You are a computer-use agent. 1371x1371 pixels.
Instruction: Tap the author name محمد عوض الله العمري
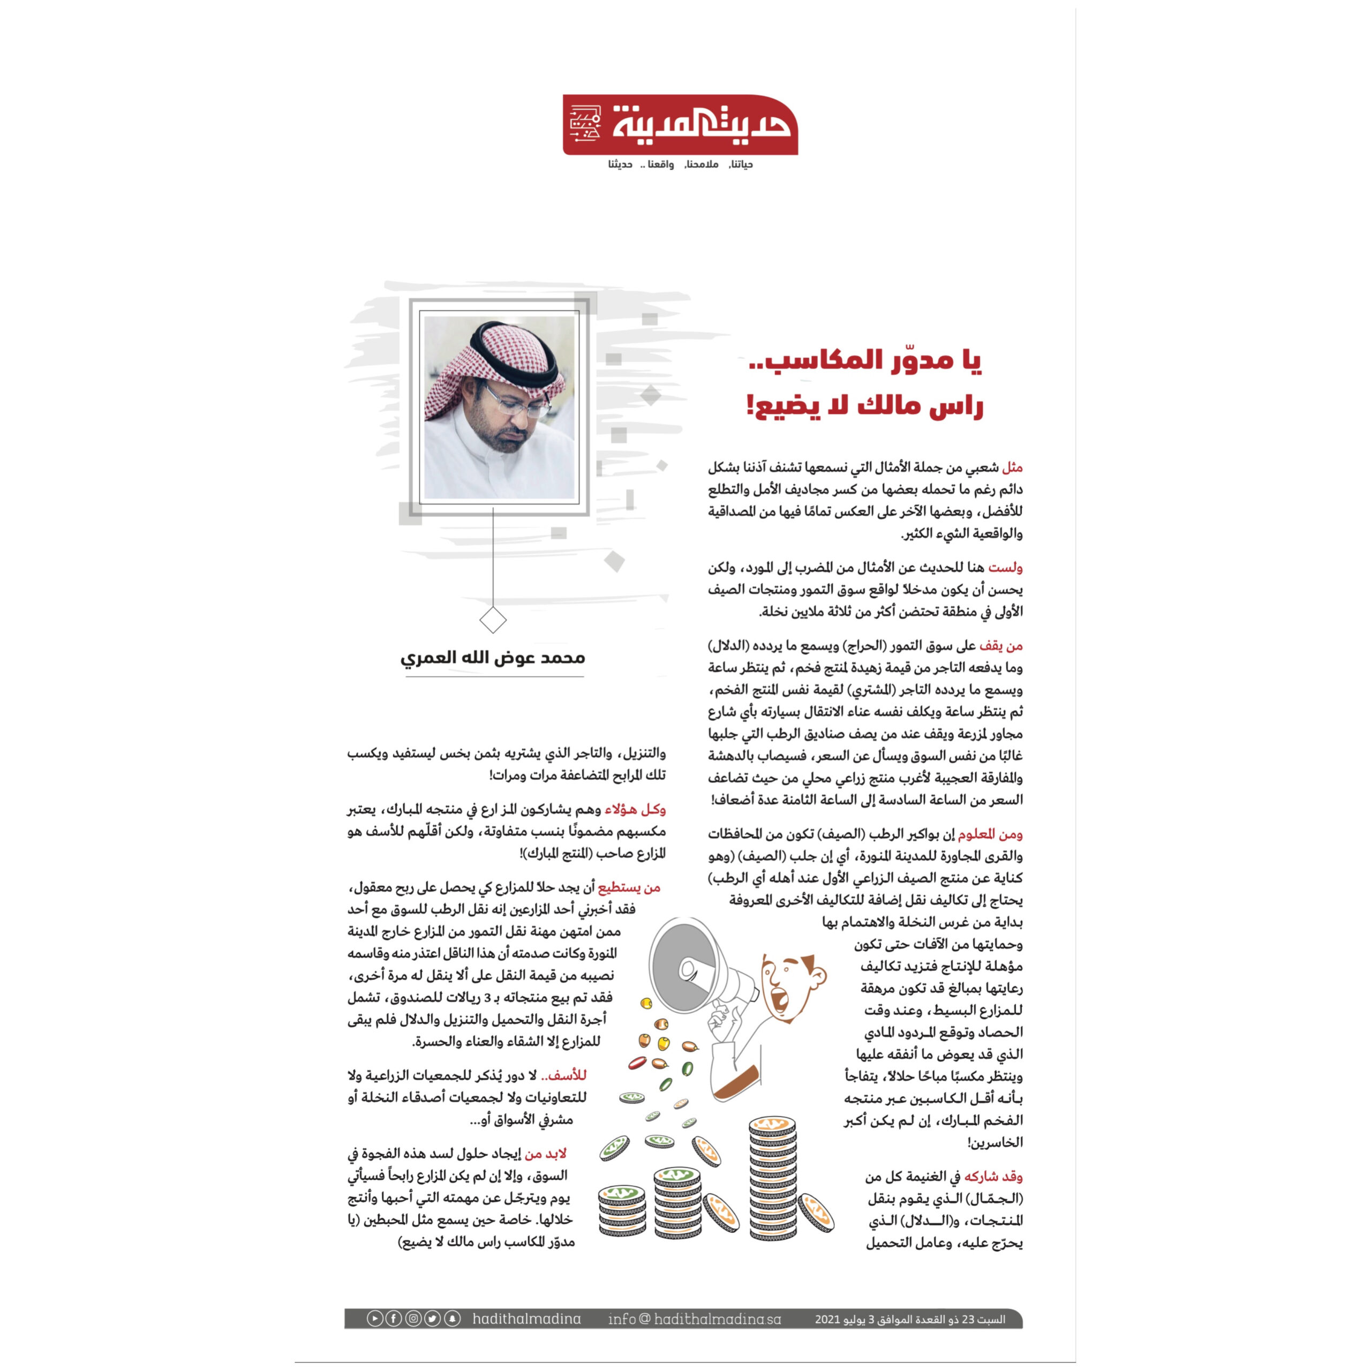coord(493,658)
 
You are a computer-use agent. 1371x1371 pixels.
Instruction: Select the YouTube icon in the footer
coord(375,1319)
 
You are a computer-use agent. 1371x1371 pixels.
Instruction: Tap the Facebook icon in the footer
coord(394,1319)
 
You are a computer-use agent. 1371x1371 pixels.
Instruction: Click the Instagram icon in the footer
coord(413,1319)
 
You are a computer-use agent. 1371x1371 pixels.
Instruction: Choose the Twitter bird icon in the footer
coord(432,1319)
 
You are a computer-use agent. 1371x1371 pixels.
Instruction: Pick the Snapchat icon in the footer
coord(452,1319)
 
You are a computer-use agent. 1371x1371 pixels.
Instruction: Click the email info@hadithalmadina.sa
coord(694,1319)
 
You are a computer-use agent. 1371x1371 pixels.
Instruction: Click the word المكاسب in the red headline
coord(838,360)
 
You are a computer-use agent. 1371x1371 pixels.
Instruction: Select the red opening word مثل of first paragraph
coord(1012,468)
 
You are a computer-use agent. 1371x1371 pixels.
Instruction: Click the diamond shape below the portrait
coord(493,620)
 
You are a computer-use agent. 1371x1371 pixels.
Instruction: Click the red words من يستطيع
coord(629,887)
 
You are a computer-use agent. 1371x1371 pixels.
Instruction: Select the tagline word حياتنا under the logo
coord(741,164)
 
